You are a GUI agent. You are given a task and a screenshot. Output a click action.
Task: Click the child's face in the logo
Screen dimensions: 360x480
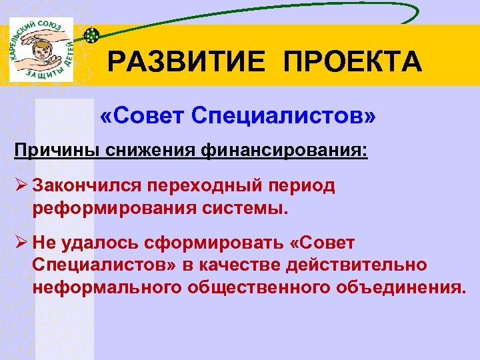[40, 52]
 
